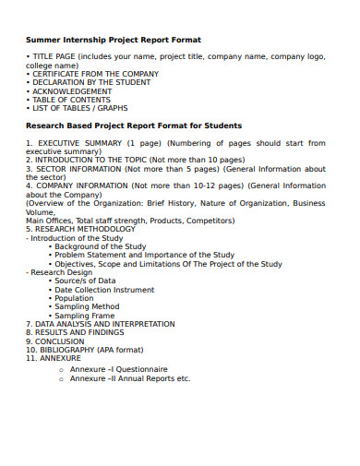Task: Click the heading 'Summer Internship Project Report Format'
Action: pyautogui.click(x=114, y=40)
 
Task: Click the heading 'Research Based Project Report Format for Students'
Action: pyautogui.click(x=134, y=125)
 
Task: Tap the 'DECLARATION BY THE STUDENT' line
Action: pyautogui.click(x=91, y=83)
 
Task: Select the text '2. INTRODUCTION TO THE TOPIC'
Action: pyautogui.click(x=82, y=161)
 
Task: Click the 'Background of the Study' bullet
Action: pyautogui.click(x=100, y=246)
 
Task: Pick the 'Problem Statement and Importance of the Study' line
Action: pyautogui.click(x=144, y=255)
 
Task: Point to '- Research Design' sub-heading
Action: pyautogui.click(x=59, y=272)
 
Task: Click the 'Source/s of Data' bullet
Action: pyautogui.click(x=85, y=281)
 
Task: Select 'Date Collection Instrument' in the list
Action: pyautogui.click(x=104, y=290)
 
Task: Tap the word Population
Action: pyautogui.click(x=74, y=298)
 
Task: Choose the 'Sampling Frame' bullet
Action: pyautogui.click(x=84, y=316)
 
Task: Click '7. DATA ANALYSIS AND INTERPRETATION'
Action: pyautogui.click(x=100, y=324)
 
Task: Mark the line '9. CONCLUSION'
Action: pyautogui.click(x=54, y=341)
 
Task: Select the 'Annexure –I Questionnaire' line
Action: pyautogui.click(x=112, y=368)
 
